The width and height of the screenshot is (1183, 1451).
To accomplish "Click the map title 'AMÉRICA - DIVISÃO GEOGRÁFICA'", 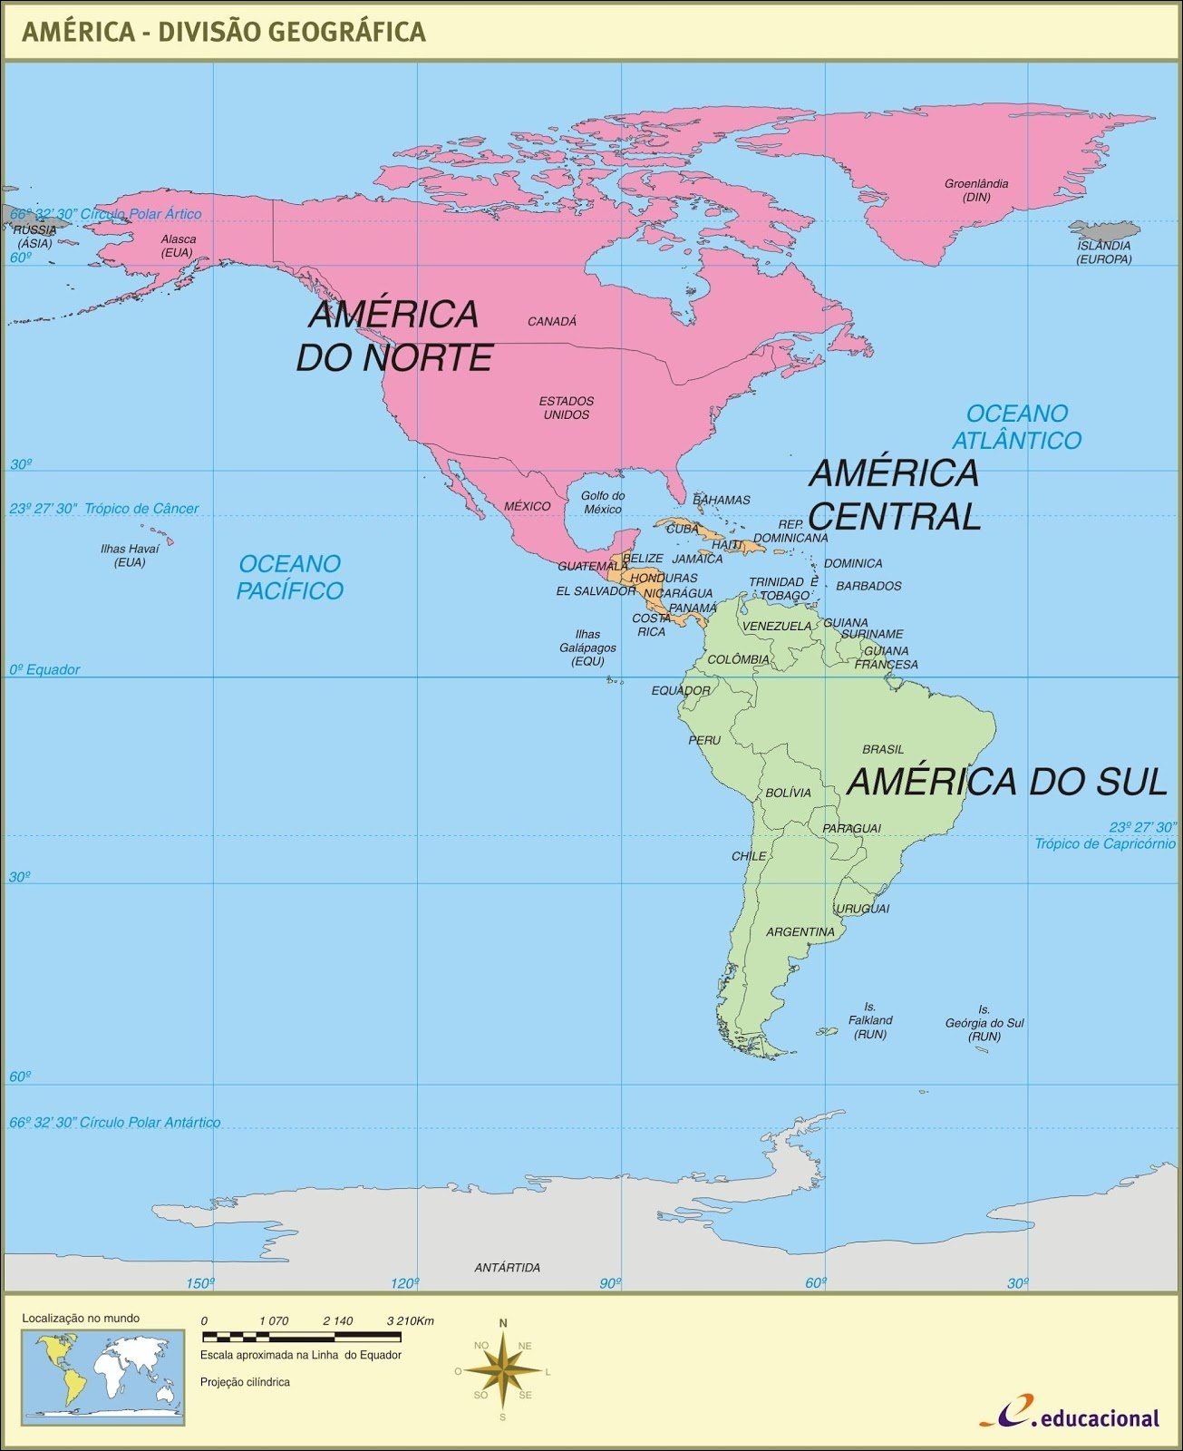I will coord(223,32).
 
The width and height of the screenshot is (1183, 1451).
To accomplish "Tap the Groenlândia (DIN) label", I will coord(976,190).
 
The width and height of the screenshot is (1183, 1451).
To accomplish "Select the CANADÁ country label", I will coord(552,321).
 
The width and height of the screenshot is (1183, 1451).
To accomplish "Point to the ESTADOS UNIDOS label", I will coord(567,408).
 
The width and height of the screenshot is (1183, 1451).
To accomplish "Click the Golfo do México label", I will coord(603,502).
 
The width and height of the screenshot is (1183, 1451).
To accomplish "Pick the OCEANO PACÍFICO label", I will coord(290,577).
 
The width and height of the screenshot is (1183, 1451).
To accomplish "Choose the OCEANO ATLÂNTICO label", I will coord(1016,427).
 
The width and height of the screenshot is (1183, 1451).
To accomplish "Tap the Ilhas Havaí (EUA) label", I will coord(130,555).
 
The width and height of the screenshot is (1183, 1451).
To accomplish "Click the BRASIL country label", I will coord(883,749).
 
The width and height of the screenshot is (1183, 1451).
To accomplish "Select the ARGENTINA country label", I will coord(800,931).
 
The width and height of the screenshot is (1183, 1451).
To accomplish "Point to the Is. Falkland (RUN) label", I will coord(870,1020).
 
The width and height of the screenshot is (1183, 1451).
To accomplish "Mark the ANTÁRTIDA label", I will coord(508,1267).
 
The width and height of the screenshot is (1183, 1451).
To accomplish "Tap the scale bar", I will coord(301,1337).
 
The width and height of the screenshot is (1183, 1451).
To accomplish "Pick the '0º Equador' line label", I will coord(44,669).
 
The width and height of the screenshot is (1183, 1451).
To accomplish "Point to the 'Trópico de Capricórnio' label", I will coord(1105,843).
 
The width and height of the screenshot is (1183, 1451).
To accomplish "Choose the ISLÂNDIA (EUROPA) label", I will coord(1103,252).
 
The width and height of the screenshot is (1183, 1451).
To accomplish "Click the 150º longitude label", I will coord(200,1282).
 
